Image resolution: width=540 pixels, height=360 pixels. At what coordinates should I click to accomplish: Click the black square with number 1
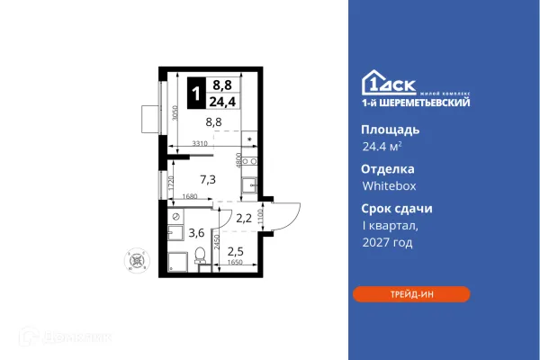pyautogui.click(x=195, y=90)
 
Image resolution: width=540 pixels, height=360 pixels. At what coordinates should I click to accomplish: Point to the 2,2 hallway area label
pyautogui.click(x=244, y=217)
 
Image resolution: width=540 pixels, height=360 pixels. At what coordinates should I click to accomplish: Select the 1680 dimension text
pyautogui.click(x=190, y=197)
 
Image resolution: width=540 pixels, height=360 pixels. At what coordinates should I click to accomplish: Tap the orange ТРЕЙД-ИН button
pyautogui.click(x=411, y=294)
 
